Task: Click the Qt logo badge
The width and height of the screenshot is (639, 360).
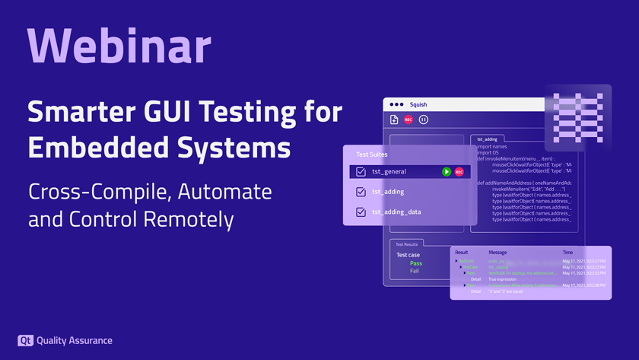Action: (x=24, y=341)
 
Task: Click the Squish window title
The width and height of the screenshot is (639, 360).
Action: (x=418, y=104)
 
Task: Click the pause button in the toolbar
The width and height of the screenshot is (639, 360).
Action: (x=424, y=119)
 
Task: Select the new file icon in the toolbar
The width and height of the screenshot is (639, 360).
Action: (x=394, y=119)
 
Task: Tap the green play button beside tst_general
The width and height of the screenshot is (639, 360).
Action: (x=447, y=172)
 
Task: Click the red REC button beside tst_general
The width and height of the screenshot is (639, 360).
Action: (x=459, y=172)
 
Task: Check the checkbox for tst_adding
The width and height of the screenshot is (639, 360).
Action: (x=361, y=192)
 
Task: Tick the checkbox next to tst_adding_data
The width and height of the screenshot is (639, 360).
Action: (x=361, y=212)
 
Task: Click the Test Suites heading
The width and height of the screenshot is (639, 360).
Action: (x=373, y=155)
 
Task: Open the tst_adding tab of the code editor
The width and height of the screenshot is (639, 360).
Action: (x=487, y=139)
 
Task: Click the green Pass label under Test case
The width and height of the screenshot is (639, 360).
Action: (x=415, y=263)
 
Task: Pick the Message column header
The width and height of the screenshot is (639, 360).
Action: (x=498, y=252)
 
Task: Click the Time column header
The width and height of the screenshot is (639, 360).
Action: (x=567, y=252)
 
